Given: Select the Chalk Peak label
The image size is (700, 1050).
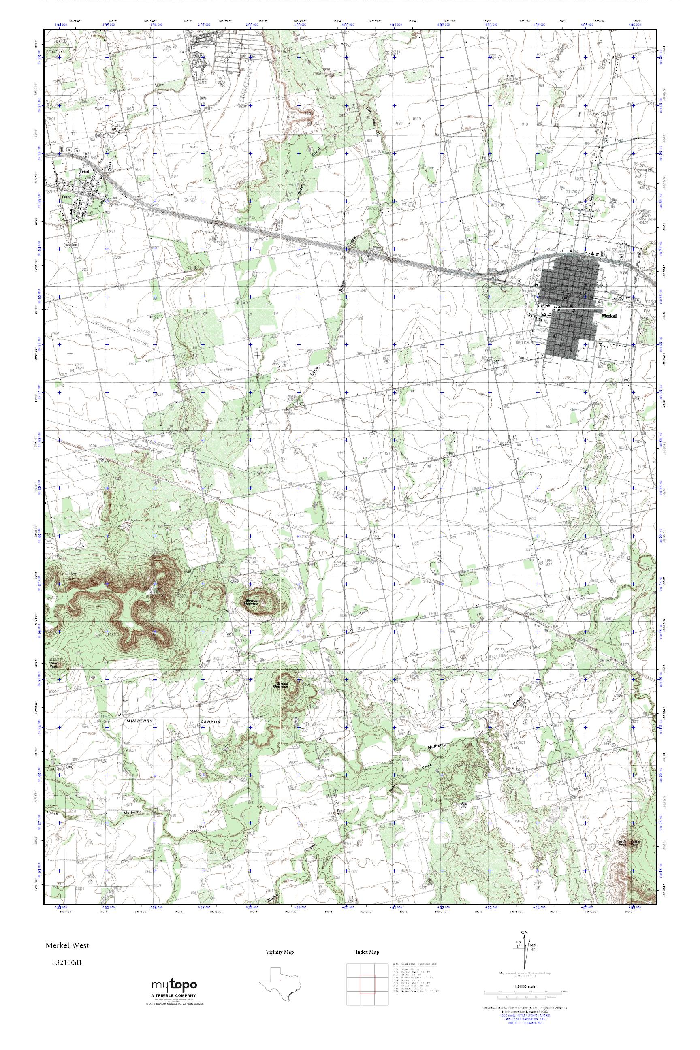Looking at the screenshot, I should tap(53, 665).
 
